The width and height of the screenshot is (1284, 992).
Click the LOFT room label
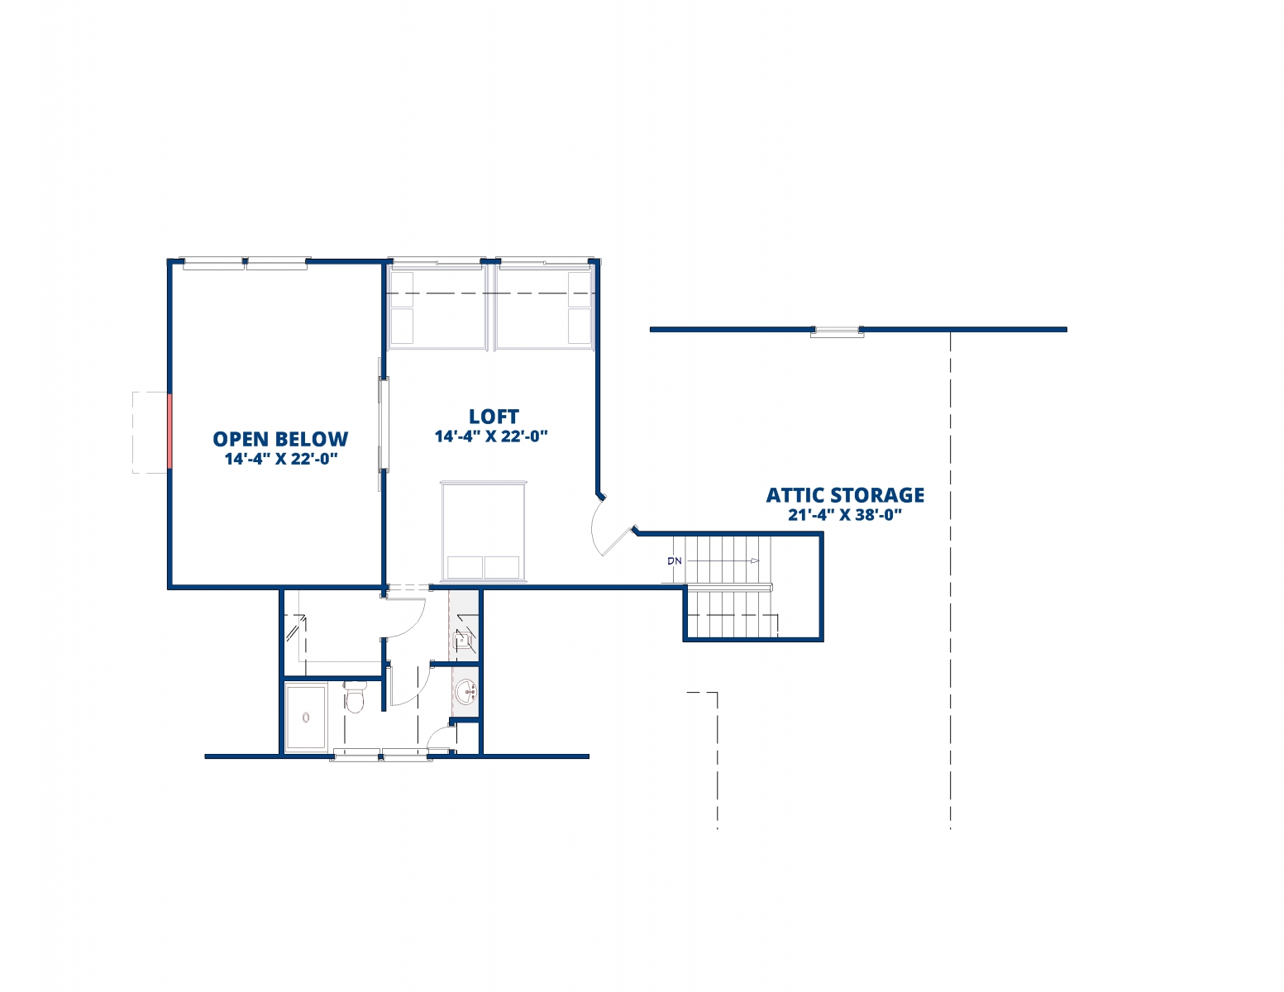coord(494,417)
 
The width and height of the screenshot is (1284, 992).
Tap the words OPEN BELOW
coord(280,439)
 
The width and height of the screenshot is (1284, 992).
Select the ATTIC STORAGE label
coord(845,495)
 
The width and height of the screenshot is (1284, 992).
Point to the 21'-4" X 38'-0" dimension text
coord(845,515)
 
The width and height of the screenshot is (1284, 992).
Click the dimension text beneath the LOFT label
coord(492,436)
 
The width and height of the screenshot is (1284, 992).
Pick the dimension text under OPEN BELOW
coord(280,459)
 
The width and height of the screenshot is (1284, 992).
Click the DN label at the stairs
coord(674,560)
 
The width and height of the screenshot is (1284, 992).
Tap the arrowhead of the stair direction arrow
coord(755,560)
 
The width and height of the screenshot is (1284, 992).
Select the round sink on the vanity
coord(466,690)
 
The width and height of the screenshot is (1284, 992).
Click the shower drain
coord(306,718)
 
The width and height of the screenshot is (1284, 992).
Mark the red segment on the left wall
coord(169,432)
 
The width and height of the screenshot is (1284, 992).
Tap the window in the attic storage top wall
coord(837,331)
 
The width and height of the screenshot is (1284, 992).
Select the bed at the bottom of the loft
coord(484,532)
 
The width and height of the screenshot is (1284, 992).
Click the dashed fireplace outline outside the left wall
coord(150,432)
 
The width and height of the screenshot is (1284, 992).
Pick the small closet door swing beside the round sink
coord(441,739)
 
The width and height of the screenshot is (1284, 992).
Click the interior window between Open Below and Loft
coord(384,426)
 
